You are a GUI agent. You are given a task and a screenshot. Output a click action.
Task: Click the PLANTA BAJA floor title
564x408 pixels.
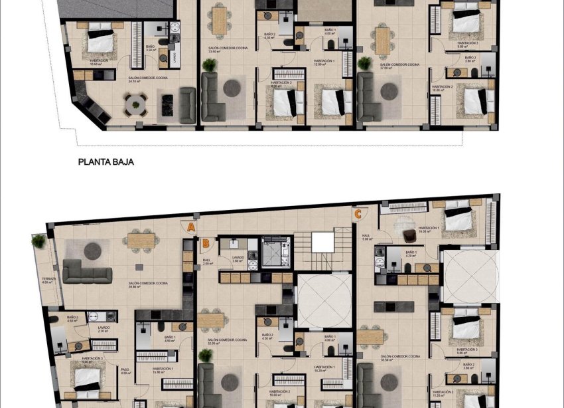pos(106,161)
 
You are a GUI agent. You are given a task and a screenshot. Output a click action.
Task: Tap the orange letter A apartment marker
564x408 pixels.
pos(190,227)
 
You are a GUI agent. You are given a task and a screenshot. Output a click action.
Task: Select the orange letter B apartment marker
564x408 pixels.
pos(206,243)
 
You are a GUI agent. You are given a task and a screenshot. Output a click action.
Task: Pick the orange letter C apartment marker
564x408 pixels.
pos(358,214)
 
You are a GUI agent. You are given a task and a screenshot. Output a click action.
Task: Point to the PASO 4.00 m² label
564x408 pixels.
pos(125,371)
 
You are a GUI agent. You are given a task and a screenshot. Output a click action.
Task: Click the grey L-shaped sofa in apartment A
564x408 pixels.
pos(86,271)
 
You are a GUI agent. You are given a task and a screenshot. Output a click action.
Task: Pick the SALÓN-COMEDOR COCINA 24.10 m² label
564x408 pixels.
pos(149,79)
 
